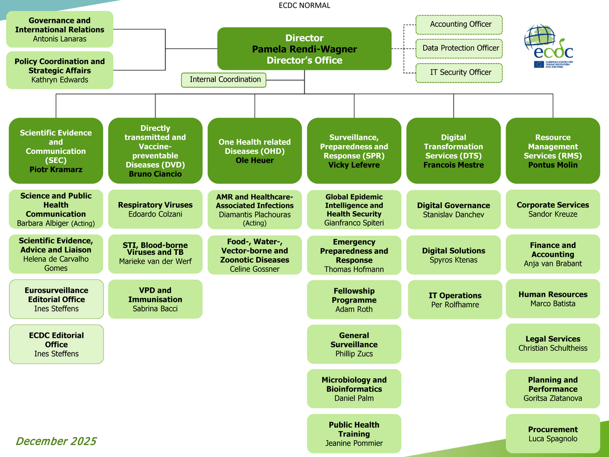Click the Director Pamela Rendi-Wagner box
(304, 49)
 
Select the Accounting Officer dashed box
(459, 25)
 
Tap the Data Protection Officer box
(459, 48)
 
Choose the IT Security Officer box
(459, 72)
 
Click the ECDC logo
(548, 46)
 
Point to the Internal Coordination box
(224, 80)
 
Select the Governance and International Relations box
(59, 29)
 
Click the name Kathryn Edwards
(59, 80)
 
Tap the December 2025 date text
(56, 441)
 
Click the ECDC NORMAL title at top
(304, 5)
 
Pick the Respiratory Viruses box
(155, 209)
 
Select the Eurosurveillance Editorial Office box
(56, 299)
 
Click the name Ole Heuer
(255, 161)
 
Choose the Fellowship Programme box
(354, 300)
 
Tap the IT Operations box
(455, 300)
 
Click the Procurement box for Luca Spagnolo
(553, 434)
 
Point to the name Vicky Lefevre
(354, 165)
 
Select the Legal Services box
(553, 344)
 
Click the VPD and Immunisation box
(155, 299)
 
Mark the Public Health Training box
(354, 434)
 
